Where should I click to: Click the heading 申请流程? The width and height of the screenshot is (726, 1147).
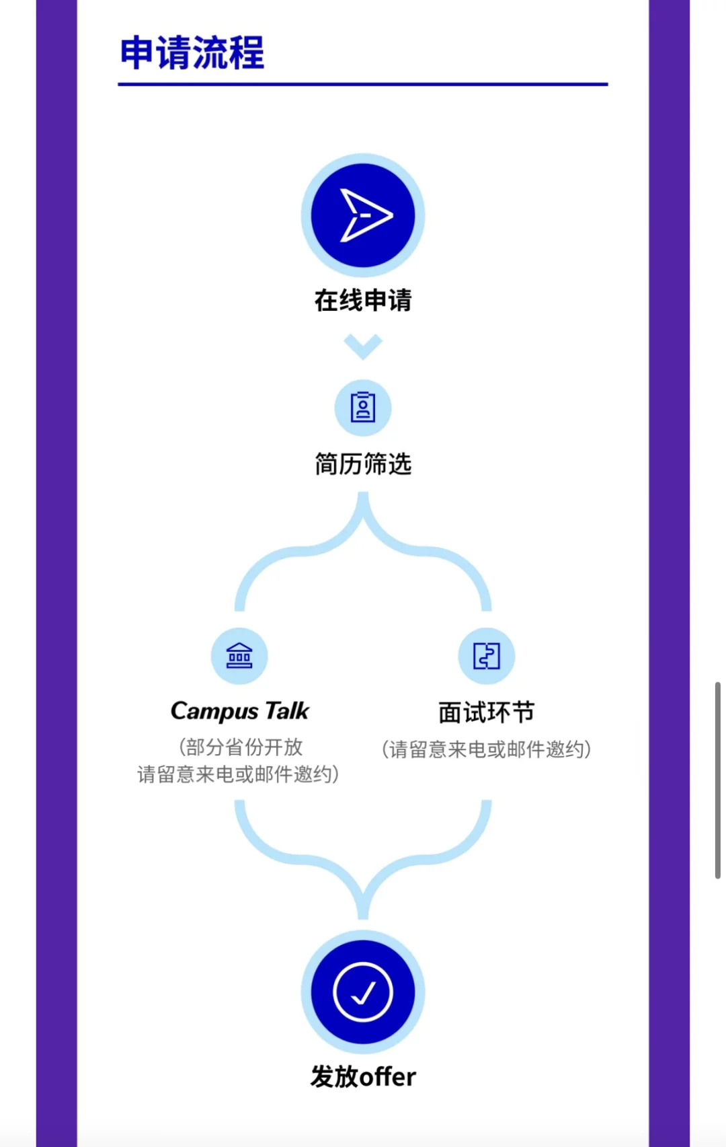tap(192, 53)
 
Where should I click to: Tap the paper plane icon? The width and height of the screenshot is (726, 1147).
tap(363, 215)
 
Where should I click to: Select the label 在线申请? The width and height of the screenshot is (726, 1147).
tap(363, 300)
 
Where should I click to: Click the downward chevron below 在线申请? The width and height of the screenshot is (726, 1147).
tap(363, 346)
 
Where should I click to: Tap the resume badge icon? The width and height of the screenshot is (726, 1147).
tap(363, 408)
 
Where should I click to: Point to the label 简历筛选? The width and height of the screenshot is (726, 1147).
tap(363, 464)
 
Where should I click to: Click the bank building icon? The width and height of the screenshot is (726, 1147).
tap(239, 656)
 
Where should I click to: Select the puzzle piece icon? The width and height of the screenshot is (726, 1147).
tap(487, 656)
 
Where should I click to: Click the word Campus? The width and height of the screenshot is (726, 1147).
tap(214, 711)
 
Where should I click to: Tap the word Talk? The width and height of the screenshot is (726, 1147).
tap(287, 710)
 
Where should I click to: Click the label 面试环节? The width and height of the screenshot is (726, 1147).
tap(487, 712)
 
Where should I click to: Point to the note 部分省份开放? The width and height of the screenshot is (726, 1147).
tap(241, 747)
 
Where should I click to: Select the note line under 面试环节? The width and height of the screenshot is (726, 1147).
tap(487, 749)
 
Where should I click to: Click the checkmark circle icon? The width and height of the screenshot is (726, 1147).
tap(363, 992)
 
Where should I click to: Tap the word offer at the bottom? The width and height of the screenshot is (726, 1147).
tap(387, 1077)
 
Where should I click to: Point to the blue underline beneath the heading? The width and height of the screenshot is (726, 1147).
tap(363, 84)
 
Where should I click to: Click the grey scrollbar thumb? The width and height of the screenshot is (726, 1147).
tap(717, 780)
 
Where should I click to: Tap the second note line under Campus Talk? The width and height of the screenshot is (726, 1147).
tap(238, 774)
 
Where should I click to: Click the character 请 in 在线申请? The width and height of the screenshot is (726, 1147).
tap(399, 300)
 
